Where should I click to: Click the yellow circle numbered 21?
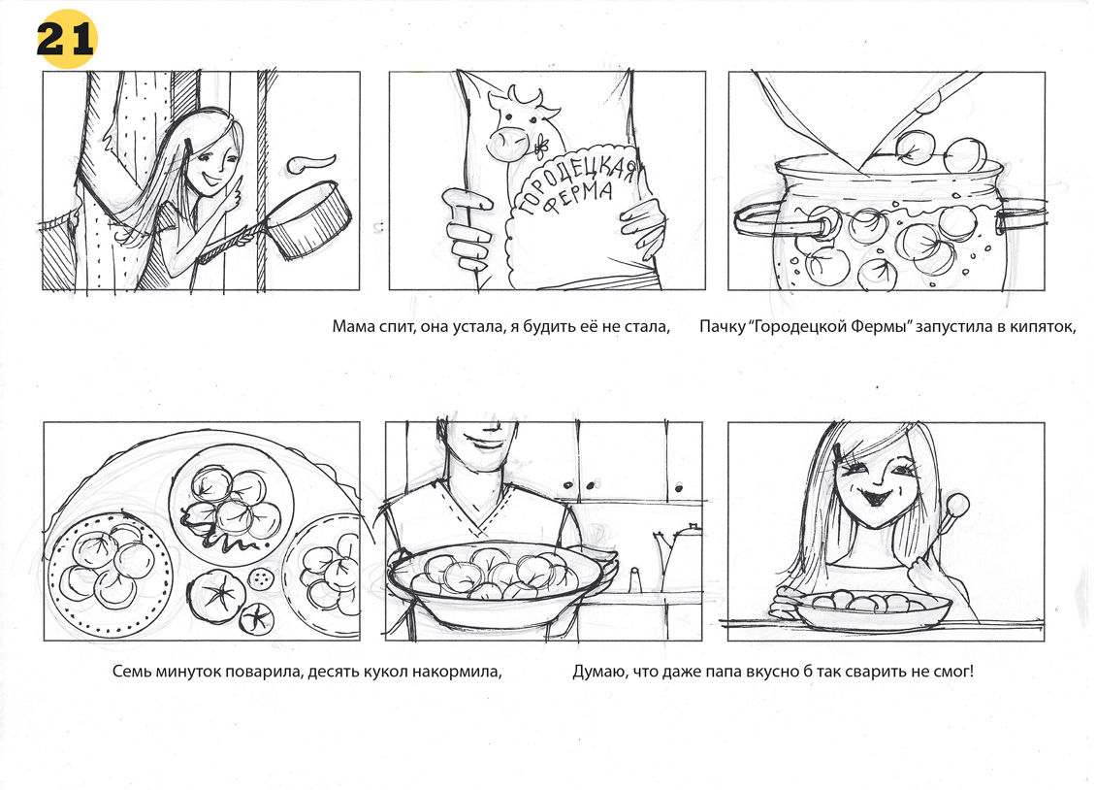(x=65, y=39)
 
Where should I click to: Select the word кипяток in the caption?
(x=1040, y=327)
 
